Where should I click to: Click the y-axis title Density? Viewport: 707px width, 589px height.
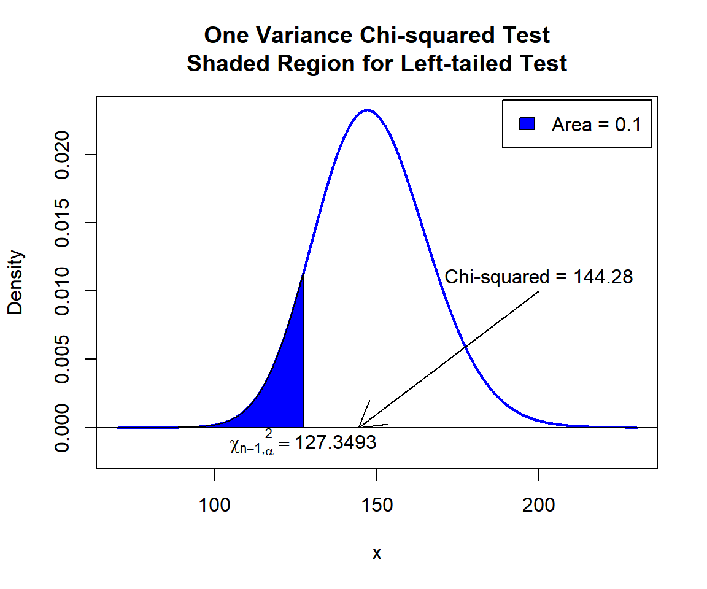(x=15, y=282)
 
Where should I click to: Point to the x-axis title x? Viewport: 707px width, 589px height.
(x=377, y=553)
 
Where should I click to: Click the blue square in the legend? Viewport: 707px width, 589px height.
(x=528, y=124)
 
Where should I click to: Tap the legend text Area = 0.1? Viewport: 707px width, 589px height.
(x=596, y=125)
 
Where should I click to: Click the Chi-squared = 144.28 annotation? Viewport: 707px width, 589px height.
(x=538, y=277)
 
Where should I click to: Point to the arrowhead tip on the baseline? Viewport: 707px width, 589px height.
(x=360, y=426)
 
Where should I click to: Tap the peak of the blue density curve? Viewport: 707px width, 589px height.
(x=367, y=110)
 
